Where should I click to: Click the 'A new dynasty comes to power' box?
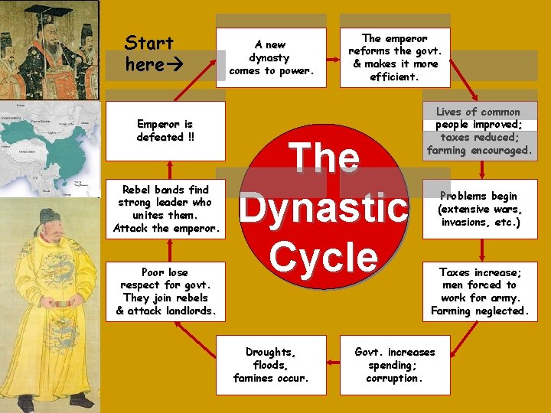coord(271,57)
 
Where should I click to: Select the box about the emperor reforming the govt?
coord(394,57)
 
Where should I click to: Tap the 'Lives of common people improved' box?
coord(480,132)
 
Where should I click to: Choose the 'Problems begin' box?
coord(480,209)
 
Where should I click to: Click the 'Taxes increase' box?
coord(480,291)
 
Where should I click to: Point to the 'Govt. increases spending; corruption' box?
coord(394,365)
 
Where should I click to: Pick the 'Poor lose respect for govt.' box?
coord(166,291)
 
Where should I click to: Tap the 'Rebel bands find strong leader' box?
coord(166,209)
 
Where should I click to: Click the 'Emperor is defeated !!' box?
coord(166,131)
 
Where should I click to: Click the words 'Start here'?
coord(149,54)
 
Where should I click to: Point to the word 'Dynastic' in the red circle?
coord(324,207)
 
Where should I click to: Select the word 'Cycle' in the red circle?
coord(324,256)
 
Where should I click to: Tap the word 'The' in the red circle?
coord(325,158)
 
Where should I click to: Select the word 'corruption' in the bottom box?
coord(394,379)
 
